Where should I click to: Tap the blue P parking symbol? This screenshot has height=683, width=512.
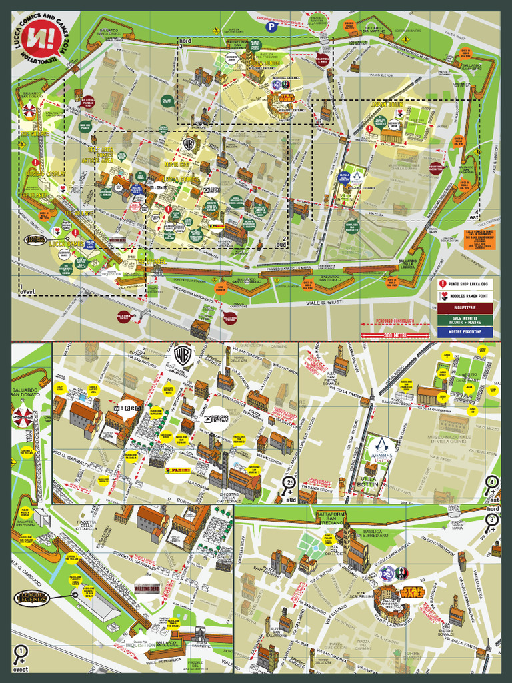[x=271, y=27]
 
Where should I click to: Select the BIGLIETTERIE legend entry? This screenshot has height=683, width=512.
[x=465, y=307]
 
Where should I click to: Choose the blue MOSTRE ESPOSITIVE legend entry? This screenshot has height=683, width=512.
[x=465, y=331]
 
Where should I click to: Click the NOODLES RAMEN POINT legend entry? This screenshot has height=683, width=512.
[x=465, y=295]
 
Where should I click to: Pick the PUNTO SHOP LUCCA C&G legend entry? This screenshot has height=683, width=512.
[x=465, y=283]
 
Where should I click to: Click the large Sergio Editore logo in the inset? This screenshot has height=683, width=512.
[x=216, y=418]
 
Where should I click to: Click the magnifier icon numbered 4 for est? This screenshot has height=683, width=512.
[x=492, y=482]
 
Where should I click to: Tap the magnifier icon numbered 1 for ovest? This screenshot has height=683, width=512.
[x=21, y=652]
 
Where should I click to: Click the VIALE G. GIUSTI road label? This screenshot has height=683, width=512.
[x=323, y=303]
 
